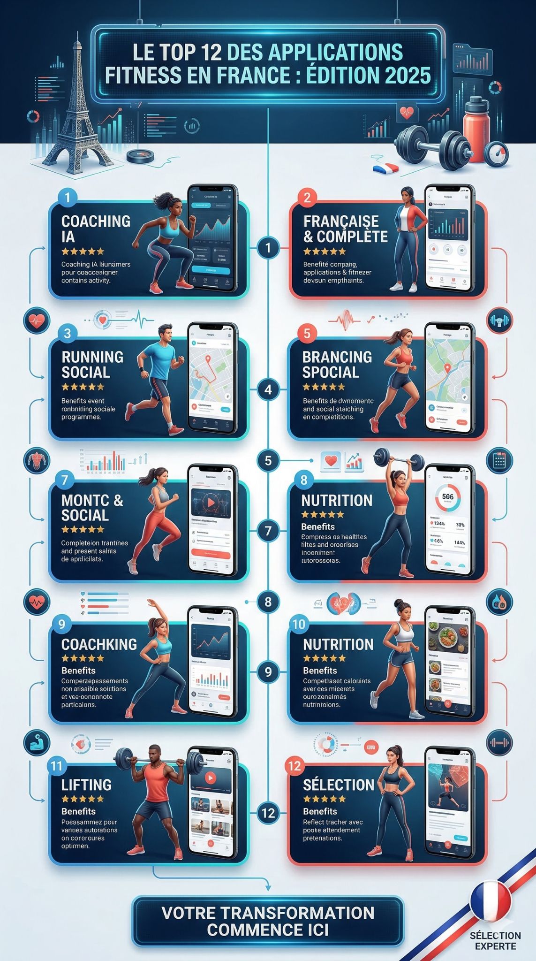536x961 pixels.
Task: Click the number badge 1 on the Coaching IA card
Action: click(67, 197)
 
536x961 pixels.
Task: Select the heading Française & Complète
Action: click(345, 229)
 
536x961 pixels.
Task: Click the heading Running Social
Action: click(92, 365)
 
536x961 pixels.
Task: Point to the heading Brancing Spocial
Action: click(337, 365)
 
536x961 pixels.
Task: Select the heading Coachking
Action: click(99, 644)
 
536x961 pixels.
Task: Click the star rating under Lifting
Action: click(83, 799)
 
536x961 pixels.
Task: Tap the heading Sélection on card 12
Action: click(338, 785)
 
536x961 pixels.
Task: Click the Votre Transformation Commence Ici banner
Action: click(268, 921)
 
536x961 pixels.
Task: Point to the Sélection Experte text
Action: click(495, 940)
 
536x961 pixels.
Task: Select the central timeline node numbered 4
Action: click(268, 389)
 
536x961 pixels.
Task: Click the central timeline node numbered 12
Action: click(268, 813)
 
